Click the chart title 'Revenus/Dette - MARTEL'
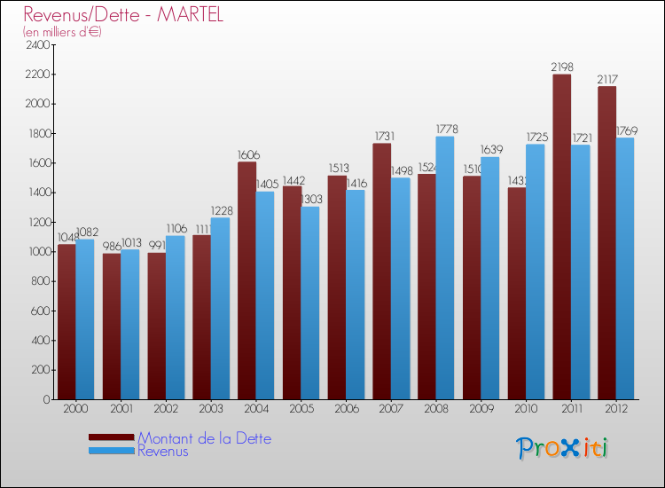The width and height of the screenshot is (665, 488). coord(123,15)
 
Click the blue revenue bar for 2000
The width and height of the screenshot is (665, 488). coord(85,319)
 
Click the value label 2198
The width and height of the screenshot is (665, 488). coord(562,67)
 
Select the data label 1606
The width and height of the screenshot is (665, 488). coord(247,154)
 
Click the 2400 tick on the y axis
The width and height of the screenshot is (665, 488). coord(36,45)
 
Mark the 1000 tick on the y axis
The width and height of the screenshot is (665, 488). coord(36,252)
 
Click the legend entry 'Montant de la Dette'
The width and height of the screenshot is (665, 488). coord(204,438)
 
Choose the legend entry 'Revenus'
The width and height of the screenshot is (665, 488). coord(163,452)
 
